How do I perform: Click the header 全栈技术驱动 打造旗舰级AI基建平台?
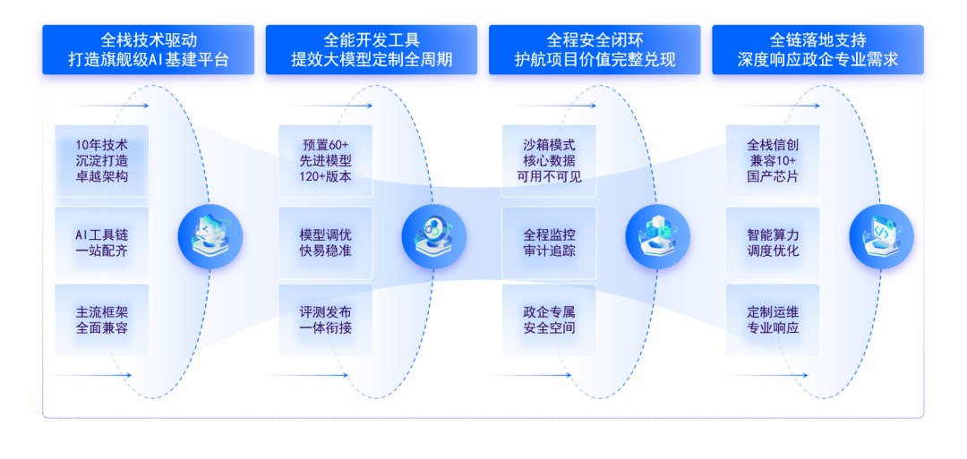149,51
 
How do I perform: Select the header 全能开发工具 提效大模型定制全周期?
372,51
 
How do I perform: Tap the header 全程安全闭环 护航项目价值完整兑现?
595,51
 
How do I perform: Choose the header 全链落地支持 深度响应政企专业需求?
817,51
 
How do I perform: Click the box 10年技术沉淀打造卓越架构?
102,161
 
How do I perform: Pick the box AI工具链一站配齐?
102,242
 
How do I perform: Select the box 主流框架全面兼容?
102,320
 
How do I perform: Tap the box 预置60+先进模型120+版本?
326,161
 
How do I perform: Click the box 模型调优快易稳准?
326,242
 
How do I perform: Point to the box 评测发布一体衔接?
326,320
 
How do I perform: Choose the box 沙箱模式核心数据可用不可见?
549,161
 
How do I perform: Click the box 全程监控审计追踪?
549,242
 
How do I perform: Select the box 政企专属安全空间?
549,320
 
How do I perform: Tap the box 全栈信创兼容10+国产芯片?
773,161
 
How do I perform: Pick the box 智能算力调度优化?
773,242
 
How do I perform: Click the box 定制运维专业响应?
773,320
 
